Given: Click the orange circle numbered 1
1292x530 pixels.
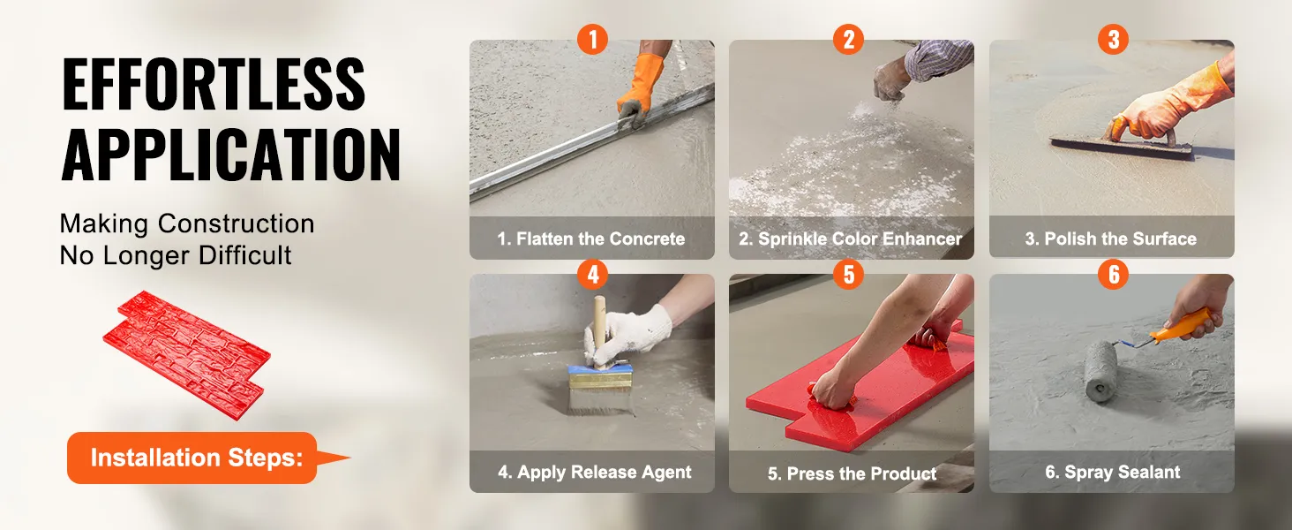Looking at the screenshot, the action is [x=592, y=39].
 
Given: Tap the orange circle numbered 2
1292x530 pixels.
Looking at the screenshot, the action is [x=848, y=39].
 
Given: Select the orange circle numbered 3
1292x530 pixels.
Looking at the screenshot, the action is [x=1113, y=39].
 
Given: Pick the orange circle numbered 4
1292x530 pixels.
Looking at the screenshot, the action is [x=592, y=274].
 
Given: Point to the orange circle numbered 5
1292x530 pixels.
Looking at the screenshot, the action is [x=848, y=274].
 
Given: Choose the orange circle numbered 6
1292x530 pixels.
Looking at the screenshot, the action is [x=1113, y=274].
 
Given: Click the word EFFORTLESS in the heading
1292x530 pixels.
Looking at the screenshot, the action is [x=214, y=84].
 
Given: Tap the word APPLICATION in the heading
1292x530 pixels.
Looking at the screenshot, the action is [x=230, y=155].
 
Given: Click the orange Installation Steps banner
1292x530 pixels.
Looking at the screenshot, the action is [x=196, y=458].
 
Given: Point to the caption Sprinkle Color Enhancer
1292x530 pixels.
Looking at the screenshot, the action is [x=850, y=238].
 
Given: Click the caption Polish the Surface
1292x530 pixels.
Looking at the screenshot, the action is [x=1111, y=238].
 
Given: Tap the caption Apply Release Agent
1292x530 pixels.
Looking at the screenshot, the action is [x=594, y=473].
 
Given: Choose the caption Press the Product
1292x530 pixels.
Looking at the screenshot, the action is [x=852, y=473].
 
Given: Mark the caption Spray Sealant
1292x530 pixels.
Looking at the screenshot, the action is [x=1113, y=473].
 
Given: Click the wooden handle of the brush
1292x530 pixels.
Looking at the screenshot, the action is [x=600, y=329].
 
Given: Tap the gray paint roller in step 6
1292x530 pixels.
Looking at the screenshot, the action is [x=1100, y=371].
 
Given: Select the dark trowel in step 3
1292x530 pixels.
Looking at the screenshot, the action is [x=1122, y=148].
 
